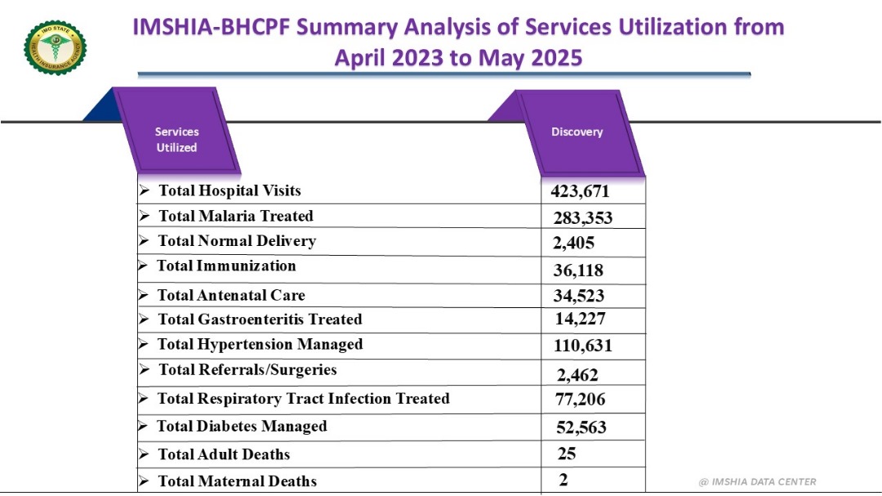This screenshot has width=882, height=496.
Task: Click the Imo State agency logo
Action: [55, 47]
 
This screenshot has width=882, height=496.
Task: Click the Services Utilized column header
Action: [177, 139]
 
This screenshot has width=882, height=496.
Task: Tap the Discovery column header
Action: [577, 132]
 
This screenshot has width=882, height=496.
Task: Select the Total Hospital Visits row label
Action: [229, 190]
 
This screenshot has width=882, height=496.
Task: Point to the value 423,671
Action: [580, 192]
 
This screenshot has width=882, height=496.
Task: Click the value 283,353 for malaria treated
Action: [582, 217]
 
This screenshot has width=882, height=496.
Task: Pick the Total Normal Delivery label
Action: [236, 241]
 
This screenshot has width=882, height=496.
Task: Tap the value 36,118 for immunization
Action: [577, 270]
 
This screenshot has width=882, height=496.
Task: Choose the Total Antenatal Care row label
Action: [231, 295]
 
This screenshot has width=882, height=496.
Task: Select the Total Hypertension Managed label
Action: [260, 344]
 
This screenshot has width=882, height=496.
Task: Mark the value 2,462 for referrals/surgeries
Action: [577, 375]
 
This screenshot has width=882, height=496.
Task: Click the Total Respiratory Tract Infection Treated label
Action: [303, 399]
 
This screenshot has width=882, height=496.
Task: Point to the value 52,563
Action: [580, 427]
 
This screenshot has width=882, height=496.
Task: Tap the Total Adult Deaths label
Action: [223, 454]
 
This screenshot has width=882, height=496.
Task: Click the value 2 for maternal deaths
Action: [563, 480]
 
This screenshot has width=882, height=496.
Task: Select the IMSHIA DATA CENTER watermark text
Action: [757, 482]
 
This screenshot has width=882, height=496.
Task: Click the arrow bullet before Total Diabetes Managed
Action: [143, 427]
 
